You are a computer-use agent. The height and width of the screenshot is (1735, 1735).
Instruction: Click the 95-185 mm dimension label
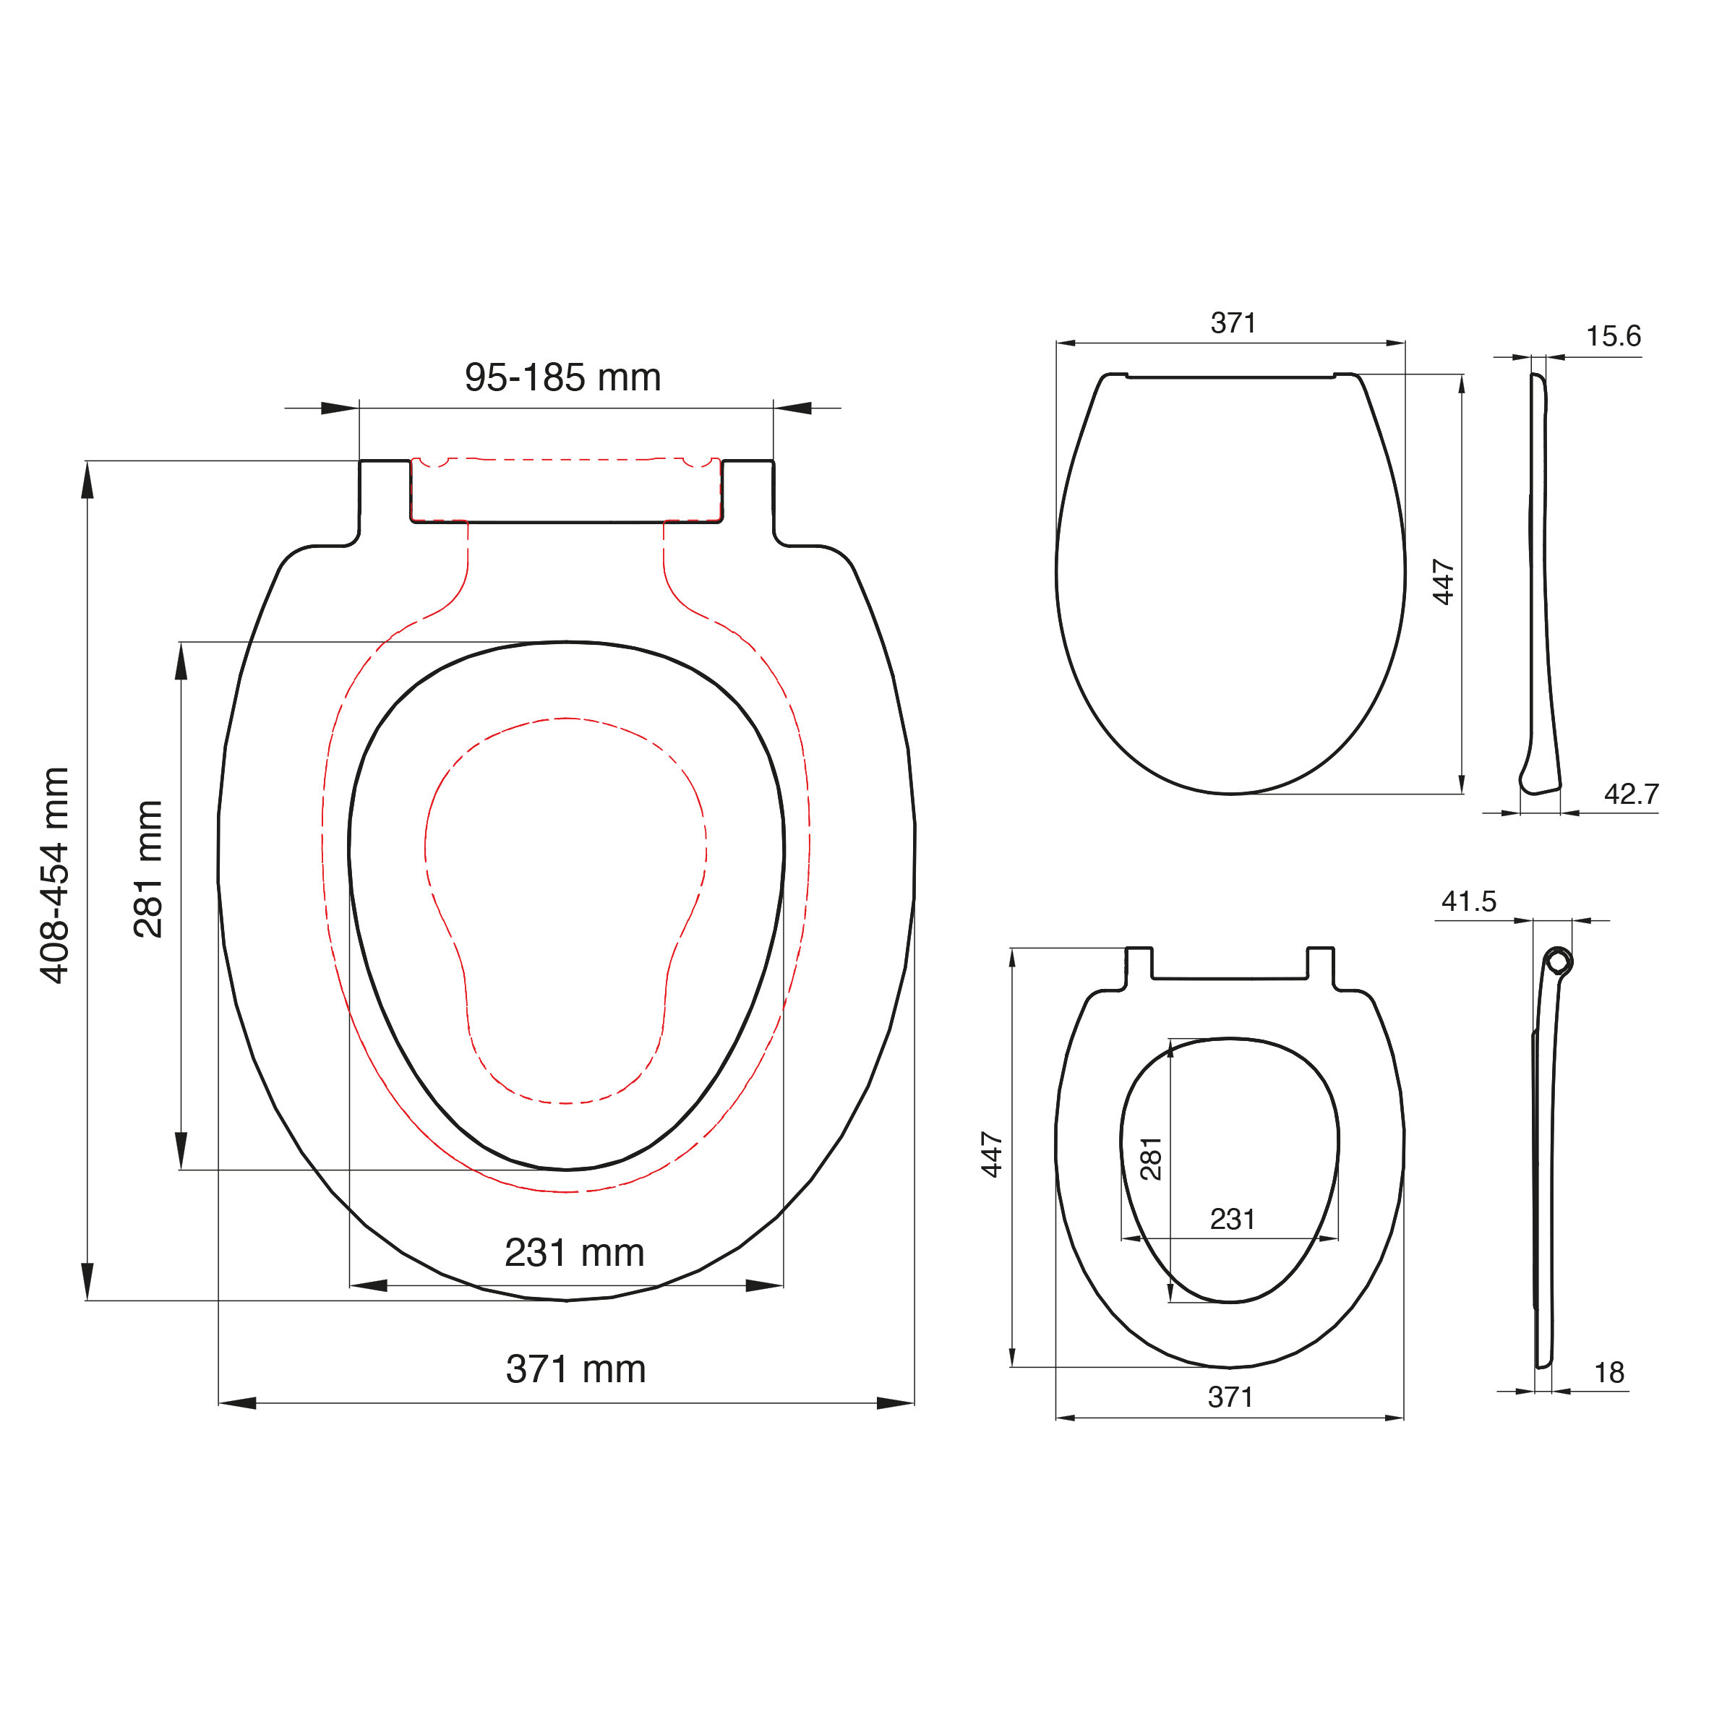click(562, 377)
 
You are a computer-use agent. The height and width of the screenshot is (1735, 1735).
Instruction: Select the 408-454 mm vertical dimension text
click(55, 875)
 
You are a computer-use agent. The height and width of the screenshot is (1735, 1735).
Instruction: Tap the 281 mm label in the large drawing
click(148, 869)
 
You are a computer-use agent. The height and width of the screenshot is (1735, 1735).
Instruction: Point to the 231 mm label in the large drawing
click(575, 1253)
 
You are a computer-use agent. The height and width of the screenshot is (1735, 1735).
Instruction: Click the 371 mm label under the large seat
click(575, 1369)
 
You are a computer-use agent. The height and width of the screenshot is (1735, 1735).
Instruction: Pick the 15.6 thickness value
click(1613, 336)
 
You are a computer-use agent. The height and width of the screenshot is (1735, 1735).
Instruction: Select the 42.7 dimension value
click(1632, 794)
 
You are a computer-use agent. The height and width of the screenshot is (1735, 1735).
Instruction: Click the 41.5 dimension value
click(1469, 901)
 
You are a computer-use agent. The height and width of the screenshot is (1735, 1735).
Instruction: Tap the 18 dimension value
click(1609, 1372)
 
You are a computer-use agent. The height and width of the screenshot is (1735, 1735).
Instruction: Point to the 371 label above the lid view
click(1233, 322)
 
